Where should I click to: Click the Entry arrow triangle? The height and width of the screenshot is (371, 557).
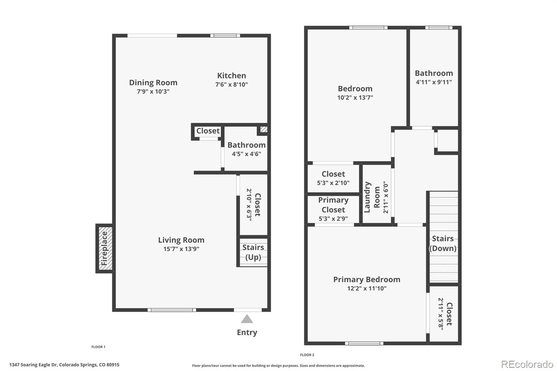point(247,319)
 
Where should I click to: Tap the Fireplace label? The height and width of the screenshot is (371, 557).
point(104,248)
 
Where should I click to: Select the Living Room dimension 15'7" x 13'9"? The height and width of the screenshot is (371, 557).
point(181,249)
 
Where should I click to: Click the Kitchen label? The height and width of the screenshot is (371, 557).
point(232,76)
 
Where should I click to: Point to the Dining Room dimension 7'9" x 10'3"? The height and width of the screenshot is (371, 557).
point(153,92)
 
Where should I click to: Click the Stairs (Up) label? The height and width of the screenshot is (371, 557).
point(253,252)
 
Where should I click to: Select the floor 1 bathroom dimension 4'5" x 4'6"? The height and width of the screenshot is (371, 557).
point(246,154)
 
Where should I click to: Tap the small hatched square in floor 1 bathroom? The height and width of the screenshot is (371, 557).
point(264,129)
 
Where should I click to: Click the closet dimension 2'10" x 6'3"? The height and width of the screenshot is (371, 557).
point(249,205)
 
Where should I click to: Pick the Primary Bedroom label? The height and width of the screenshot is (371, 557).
point(367,279)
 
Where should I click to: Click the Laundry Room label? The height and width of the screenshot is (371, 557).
point(372,197)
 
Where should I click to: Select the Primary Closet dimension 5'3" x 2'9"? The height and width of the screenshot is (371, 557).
point(333,219)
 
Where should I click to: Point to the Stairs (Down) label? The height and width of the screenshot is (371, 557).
point(442,243)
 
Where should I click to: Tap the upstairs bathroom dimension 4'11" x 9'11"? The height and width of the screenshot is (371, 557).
point(434,82)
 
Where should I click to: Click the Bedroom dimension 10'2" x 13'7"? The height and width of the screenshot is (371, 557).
point(355,98)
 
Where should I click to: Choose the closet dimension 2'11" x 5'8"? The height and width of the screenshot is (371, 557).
point(441,314)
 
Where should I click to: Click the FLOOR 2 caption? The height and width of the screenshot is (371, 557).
point(307,355)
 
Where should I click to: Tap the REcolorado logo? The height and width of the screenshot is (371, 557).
point(527,364)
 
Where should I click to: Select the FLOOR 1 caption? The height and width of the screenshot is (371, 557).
point(98,347)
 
